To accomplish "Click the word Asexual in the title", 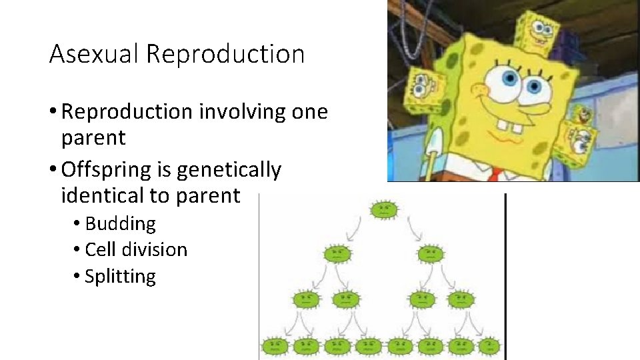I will (x=94, y=54).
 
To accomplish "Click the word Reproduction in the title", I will (x=225, y=54).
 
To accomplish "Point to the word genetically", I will (x=229, y=170).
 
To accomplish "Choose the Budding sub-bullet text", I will (x=120, y=223).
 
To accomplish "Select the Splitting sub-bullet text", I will (x=120, y=277).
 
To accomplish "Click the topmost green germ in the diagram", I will (x=384, y=210).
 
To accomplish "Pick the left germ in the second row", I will (x=337, y=253).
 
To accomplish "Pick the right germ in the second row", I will (x=430, y=253).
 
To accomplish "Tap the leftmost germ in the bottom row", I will (x=275, y=346).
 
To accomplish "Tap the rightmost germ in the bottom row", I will (x=490, y=346).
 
